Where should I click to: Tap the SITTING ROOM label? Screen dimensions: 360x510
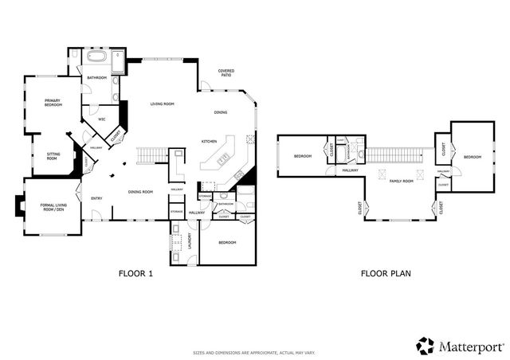coord(53,157)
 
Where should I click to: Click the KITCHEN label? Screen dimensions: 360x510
coord(210,141)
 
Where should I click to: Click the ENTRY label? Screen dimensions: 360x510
coord(96,198)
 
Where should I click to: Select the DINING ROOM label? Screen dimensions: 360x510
coord(141,191)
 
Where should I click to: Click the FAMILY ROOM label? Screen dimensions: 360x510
coord(401,182)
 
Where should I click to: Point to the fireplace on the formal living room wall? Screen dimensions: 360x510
coord(19,209)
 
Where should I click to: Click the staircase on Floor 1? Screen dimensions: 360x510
coord(153,154)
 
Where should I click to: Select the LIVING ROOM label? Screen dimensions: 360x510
coord(163,104)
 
